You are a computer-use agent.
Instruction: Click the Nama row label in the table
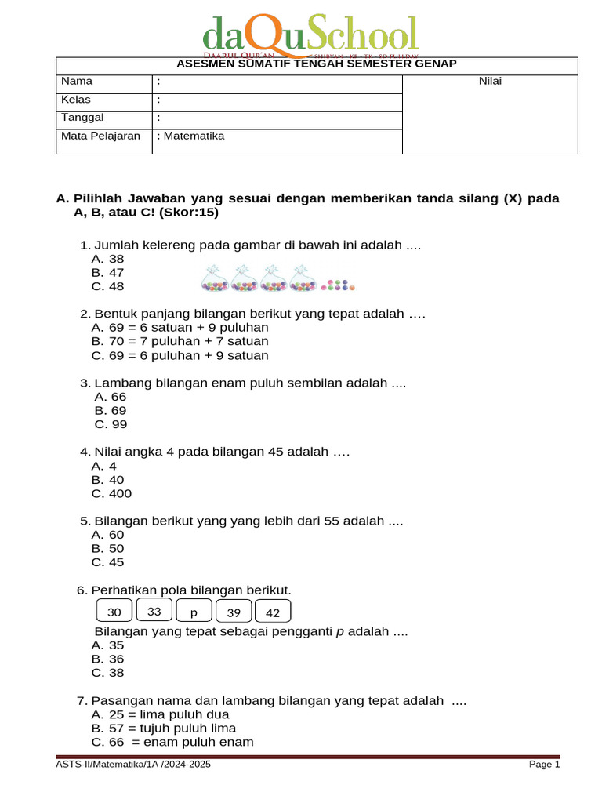pyautogui.click(x=77, y=82)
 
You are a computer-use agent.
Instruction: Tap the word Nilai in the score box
pyautogui.click(x=490, y=82)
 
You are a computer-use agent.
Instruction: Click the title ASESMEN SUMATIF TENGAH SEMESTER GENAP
pyautogui.click(x=317, y=64)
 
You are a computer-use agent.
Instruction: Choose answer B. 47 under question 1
pyautogui.click(x=108, y=273)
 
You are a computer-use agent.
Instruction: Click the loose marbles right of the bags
pyautogui.click(x=339, y=285)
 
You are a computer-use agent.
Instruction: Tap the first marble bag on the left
pyautogui.click(x=215, y=280)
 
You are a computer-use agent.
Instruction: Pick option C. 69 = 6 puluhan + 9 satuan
pyautogui.click(x=180, y=355)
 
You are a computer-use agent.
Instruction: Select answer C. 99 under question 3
pyautogui.click(x=111, y=424)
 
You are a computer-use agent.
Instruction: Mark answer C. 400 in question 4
pyautogui.click(x=111, y=493)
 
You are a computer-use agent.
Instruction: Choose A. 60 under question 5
pyautogui.click(x=108, y=535)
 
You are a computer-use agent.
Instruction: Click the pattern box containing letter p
pyautogui.click(x=194, y=612)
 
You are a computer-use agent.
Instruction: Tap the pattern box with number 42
pyautogui.click(x=272, y=612)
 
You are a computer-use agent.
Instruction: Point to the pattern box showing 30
pyautogui.click(x=114, y=612)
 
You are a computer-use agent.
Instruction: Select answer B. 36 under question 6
pyautogui.click(x=108, y=659)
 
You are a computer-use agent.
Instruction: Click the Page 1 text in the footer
pyautogui.click(x=544, y=765)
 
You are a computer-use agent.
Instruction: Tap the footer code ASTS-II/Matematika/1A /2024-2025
pyautogui.click(x=133, y=765)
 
